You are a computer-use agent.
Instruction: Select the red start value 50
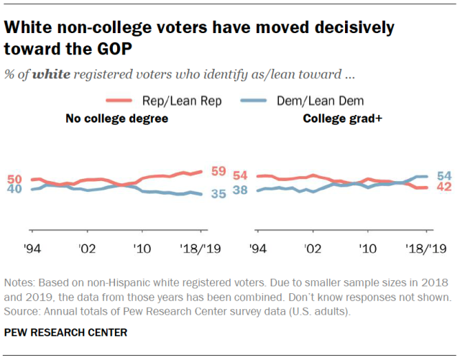pyautogui.click(x=14, y=178)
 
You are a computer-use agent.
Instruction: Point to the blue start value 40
pyautogui.click(x=14, y=190)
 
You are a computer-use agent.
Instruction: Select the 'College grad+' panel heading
pyautogui.click(x=341, y=119)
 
